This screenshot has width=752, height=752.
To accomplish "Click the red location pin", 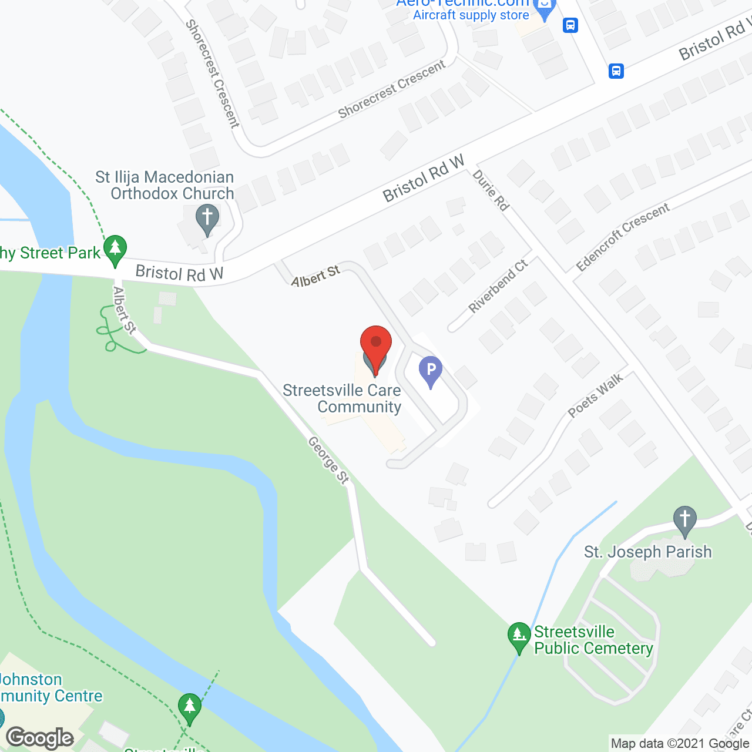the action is click(375, 346).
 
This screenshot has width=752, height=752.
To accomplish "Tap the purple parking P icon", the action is click(431, 371).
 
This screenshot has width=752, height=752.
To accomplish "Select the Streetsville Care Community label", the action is click(343, 398).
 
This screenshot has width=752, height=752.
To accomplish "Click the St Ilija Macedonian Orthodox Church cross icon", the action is click(207, 218).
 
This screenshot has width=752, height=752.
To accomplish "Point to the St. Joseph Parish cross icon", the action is click(684, 520).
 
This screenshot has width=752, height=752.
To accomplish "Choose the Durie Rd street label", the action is click(491, 190).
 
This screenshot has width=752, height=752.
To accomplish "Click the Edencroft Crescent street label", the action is click(623, 237).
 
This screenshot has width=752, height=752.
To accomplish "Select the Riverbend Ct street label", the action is click(498, 286).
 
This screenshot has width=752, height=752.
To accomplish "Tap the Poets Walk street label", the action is click(595, 396).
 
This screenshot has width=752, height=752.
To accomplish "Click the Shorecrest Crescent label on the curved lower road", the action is click(392, 89).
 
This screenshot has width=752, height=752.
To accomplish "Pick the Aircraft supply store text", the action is click(471, 15).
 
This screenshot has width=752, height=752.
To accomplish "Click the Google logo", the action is click(40, 737).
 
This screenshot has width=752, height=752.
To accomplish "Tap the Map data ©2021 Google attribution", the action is click(680, 743).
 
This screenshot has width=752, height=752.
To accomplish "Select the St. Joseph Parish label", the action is click(647, 552).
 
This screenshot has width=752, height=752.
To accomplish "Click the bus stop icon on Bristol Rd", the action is click(616, 71).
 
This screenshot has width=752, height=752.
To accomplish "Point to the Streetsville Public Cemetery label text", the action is click(593, 640).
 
